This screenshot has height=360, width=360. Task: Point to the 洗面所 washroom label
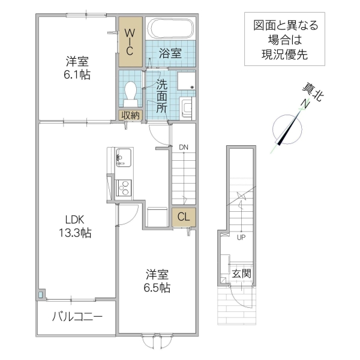tap(162, 95)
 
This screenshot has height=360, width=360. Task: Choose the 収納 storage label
tap(130, 116)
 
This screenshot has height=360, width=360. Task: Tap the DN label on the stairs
tap(183, 147)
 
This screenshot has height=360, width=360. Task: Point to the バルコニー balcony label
tap(76, 316)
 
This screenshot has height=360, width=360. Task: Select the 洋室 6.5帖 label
tap(158, 281)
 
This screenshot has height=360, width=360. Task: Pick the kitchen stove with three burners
tap(124, 188)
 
